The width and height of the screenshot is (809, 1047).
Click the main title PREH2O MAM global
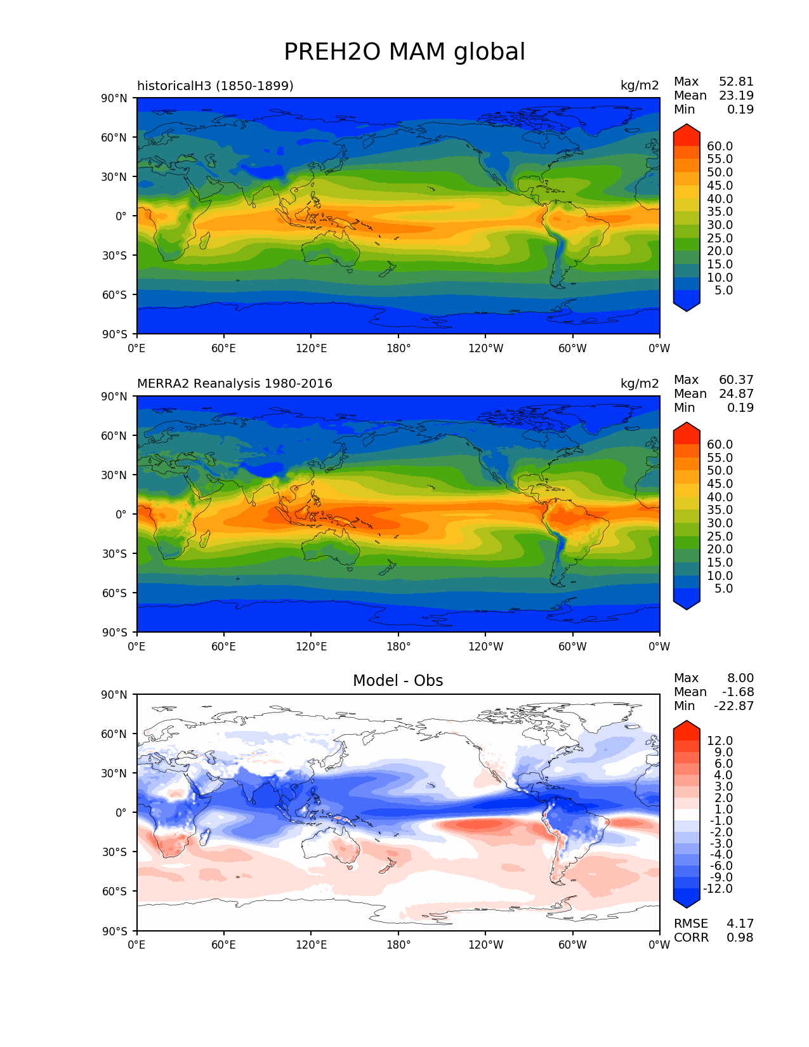(x=404, y=52)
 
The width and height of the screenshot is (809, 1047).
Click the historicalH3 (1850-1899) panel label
(x=215, y=86)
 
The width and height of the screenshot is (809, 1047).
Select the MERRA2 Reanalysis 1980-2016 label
(x=234, y=384)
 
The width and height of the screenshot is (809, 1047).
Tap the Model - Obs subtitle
(x=398, y=681)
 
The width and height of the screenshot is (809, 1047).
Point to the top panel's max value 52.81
(x=736, y=82)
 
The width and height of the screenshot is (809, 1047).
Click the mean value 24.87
(x=736, y=394)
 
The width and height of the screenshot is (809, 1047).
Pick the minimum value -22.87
(x=733, y=706)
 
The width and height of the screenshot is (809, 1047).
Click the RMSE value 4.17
(x=740, y=924)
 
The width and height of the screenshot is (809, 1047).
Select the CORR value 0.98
(x=740, y=938)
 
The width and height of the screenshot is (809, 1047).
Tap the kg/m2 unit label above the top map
(x=640, y=86)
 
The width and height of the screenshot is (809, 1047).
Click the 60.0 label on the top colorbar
(x=720, y=147)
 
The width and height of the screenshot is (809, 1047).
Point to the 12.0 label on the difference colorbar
(x=720, y=741)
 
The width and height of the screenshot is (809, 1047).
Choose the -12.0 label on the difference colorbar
(x=718, y=889)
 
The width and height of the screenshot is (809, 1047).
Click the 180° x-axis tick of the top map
(x=398, y=348)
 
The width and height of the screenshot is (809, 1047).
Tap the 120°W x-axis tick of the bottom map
(x=485, y=945)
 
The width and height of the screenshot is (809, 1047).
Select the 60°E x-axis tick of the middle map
(x=223, y=647)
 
